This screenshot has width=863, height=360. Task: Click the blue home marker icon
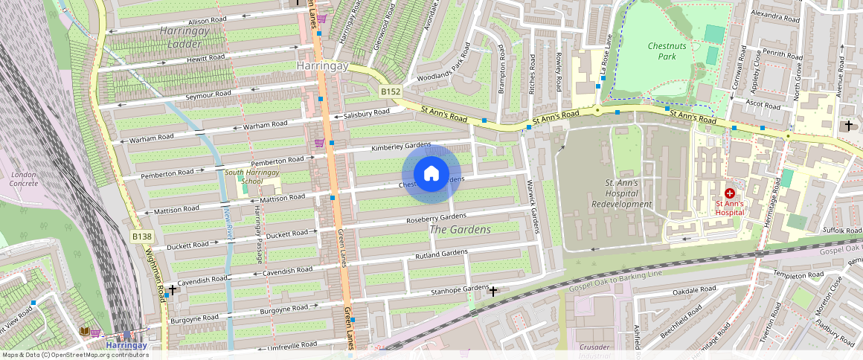[431, 174]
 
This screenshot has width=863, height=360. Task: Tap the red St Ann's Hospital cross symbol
[729, 193]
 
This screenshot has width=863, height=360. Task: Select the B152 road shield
[391, 92]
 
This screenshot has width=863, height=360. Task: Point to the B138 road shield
[141, 237]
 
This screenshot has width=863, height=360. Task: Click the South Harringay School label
[244, 177]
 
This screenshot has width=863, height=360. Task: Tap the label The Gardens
[461, 230]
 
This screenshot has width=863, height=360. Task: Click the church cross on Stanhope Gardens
[493, 291]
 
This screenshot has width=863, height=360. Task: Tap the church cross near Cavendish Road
[173, 289]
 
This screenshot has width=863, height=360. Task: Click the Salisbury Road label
[366, 114]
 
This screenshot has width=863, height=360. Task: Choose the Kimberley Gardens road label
[402, 147]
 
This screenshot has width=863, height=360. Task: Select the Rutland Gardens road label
[442, 256]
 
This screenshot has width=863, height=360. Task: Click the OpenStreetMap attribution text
[74, 355]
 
